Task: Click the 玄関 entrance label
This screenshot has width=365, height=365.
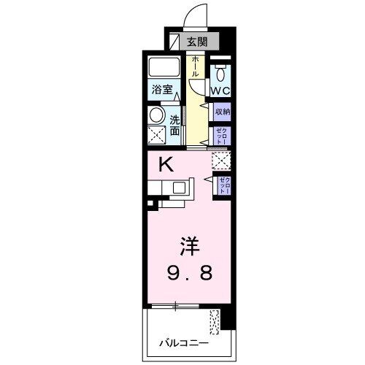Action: pyautogui.click(x=195, y=42)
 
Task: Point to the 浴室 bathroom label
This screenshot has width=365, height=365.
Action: pyautogui.click(x=162, y=90)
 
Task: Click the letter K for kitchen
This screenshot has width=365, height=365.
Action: pyautogui.click(x=166, y=165)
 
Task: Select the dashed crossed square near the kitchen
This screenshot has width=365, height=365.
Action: pyautogui.click(x=220, y=161)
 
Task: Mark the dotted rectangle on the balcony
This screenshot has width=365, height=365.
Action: pyautogui.click(x=214, y=322)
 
